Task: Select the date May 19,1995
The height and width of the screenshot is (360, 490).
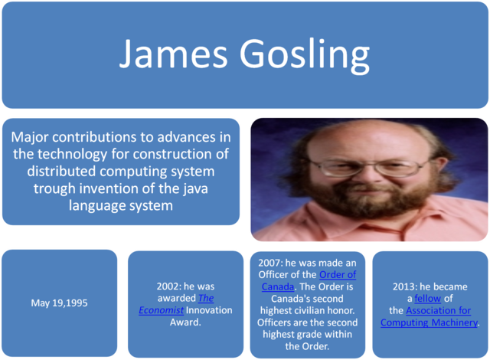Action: pyautogui.click(x=59, y=303)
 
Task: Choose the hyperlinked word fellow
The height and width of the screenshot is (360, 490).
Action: pyautogui.click(x=427, y=299)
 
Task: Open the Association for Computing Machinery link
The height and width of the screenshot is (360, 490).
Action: pyautogui.click(x=430, y=316)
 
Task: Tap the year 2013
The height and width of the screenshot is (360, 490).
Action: pyautogui.click(x=406, y=286)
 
